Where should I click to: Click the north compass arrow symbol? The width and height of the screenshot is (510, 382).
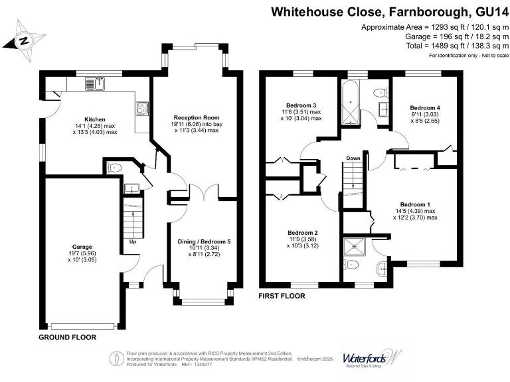point(24,40)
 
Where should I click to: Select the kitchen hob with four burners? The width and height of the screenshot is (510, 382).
point(142,108)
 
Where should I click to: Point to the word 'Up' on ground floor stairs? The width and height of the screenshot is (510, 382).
point(132,242)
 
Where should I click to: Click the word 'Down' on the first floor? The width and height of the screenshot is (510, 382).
point(353,159)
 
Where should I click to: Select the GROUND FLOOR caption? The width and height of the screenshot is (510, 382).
point(66,337)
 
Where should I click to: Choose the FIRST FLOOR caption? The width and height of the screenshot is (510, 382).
point(282,296)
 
